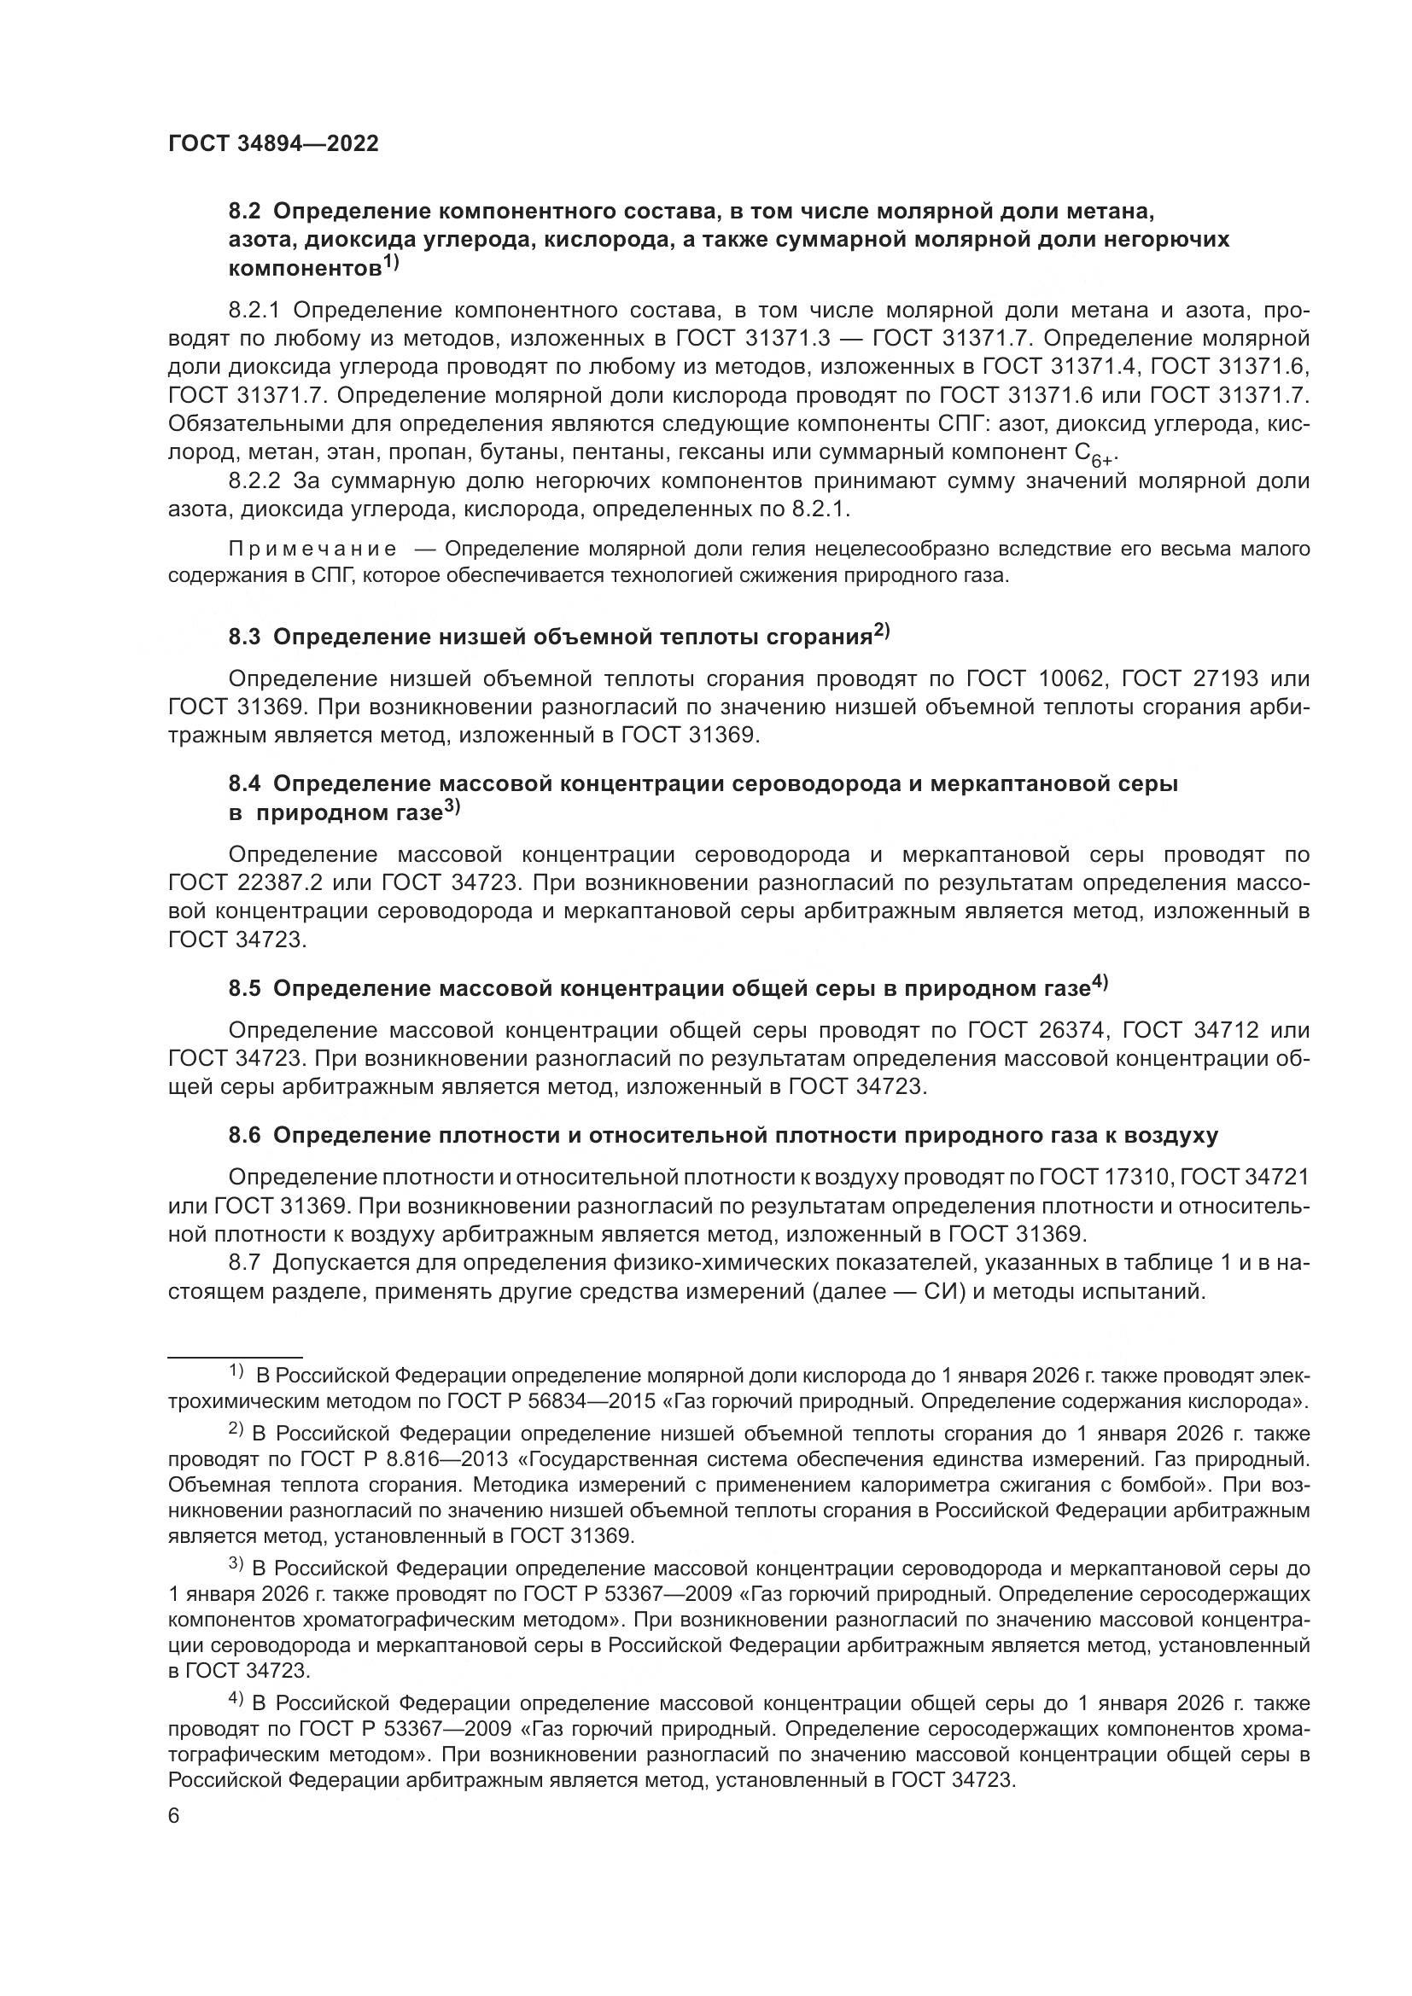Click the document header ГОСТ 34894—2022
coord(273,144)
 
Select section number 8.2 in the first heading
coord(244,212)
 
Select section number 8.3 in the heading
coord(244,637)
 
